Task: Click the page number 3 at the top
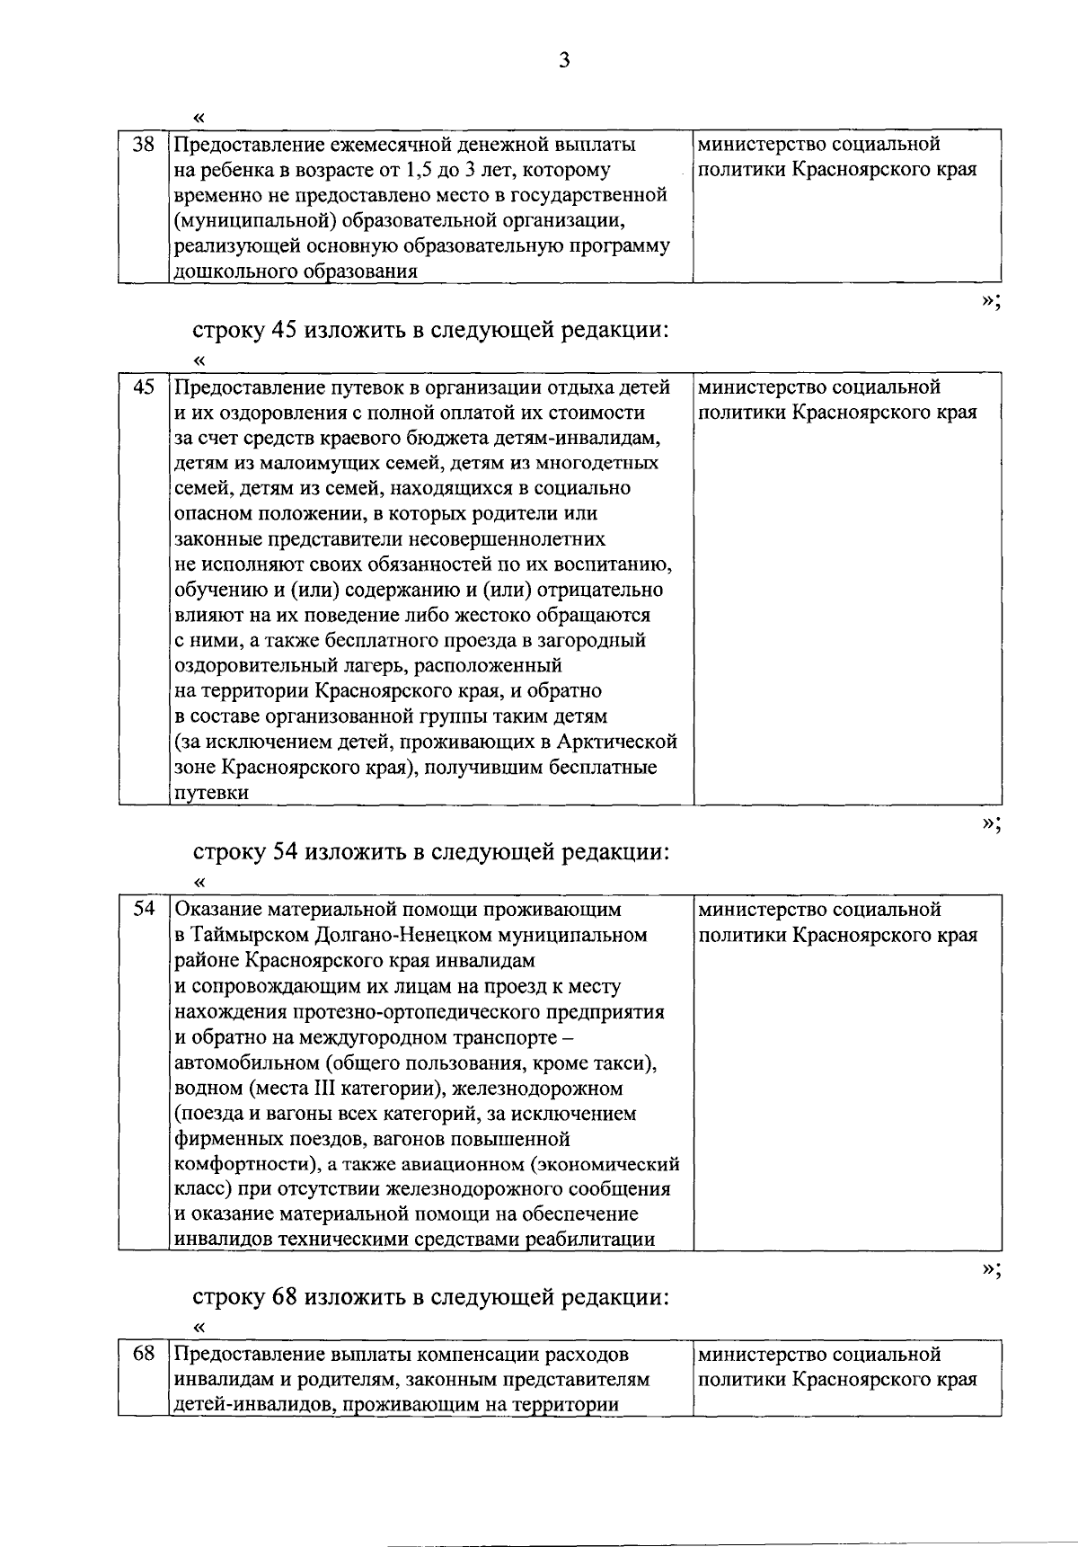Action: (563, 60)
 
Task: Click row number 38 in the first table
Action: (144, 144)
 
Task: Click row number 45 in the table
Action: (144, 387)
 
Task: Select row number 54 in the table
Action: (144, 909)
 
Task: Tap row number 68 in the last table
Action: (144, 1354)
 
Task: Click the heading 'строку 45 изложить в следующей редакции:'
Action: (431, 330)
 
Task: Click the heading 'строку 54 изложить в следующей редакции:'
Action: (431, 851)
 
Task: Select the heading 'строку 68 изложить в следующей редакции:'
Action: (431, 1297)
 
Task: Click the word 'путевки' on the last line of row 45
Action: (210, 793)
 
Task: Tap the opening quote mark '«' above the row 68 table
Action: (199, 1328)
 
